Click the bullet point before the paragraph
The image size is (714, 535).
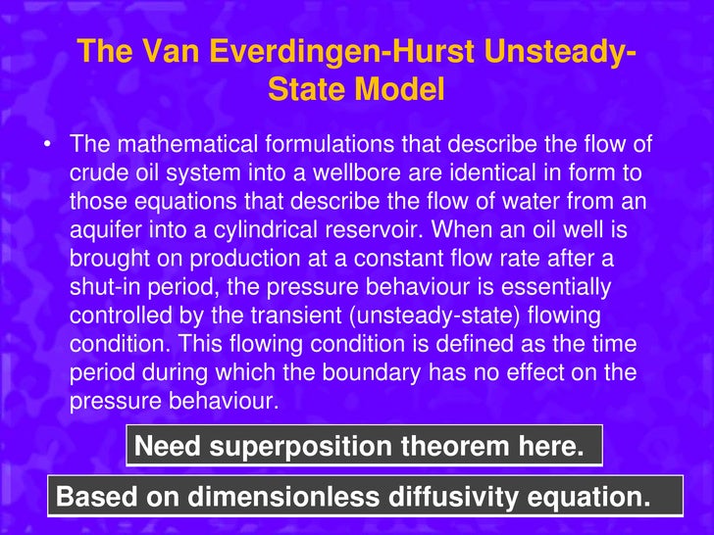coord(46,146)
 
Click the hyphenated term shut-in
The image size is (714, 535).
coord(102,287)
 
